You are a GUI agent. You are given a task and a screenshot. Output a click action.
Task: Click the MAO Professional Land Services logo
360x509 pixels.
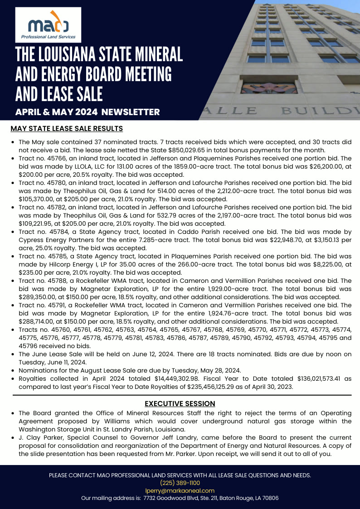48,25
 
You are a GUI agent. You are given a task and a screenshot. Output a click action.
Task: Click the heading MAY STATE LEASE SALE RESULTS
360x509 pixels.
66,129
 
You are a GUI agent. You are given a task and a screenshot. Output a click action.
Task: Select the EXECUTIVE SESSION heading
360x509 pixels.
180,403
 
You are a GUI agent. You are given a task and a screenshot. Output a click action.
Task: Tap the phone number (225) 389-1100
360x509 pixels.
180,483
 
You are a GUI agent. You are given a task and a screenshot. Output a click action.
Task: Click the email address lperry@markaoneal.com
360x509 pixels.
180,490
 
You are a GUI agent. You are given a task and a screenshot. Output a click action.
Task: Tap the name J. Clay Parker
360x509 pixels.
40,437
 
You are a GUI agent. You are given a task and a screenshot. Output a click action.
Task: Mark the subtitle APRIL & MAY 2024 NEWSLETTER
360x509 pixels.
88,111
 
